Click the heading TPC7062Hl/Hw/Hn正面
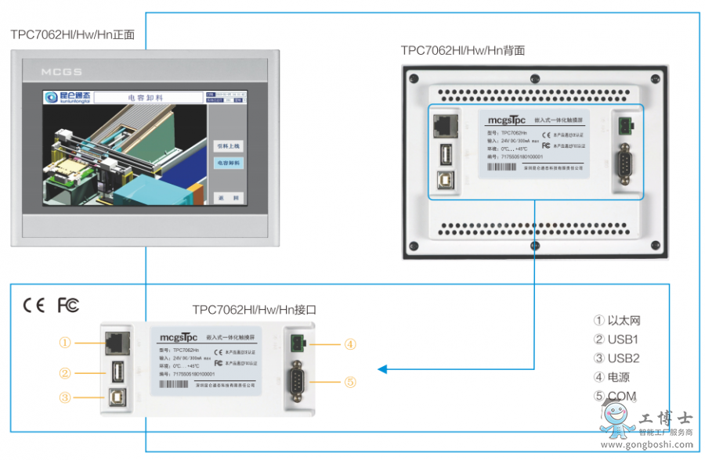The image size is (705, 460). pyautogui.click(x=72, y=35)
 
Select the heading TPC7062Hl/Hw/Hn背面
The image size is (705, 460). pyautogui.click(x=462, y=50)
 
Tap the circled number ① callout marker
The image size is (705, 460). pyautogui.click(x=65, y=342)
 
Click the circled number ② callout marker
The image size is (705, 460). pyautogui.click(x=65, y=373)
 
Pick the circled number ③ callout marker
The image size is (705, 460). pyautogui.click(x=65, y=397)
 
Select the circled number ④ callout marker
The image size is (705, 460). pyautogui.click(x=350, y=343)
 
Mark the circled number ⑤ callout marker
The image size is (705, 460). pyautogui.click(x=350, y=382)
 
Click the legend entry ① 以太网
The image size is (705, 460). pyautogui.click(x=618, y=320)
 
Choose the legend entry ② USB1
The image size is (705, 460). pyautogui.click(x=616, y=340)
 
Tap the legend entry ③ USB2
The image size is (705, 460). pyautogui.click(x=616, y=358)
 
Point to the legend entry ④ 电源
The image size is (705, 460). pyautogui.click(x=613, y=377)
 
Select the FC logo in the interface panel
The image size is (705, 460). pyautogui.click(x=68, y=305)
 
